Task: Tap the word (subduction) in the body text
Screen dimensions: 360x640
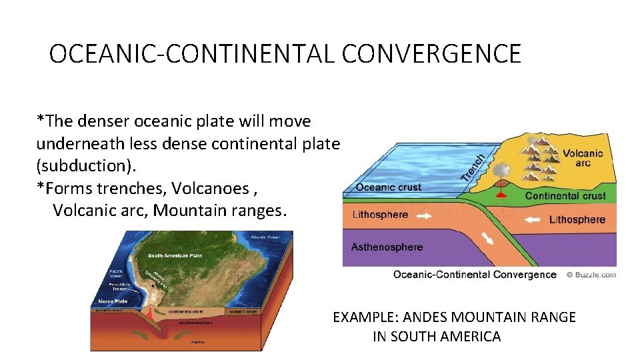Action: [76, 166]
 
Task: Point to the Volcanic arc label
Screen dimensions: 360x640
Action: [582, 158]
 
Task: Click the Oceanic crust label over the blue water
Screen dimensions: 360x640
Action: [389, 187]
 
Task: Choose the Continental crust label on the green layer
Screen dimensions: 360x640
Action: [565, 196]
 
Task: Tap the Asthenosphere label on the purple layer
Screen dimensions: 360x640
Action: [387, 247]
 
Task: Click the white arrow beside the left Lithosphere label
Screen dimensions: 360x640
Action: [425, 215]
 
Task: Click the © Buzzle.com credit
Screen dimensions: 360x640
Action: [591, 275]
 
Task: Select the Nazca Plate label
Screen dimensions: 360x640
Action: [104, 301]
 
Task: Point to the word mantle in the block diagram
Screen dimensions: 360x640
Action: [197, 342]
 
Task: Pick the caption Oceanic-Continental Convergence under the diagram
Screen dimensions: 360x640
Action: [475, 275]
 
